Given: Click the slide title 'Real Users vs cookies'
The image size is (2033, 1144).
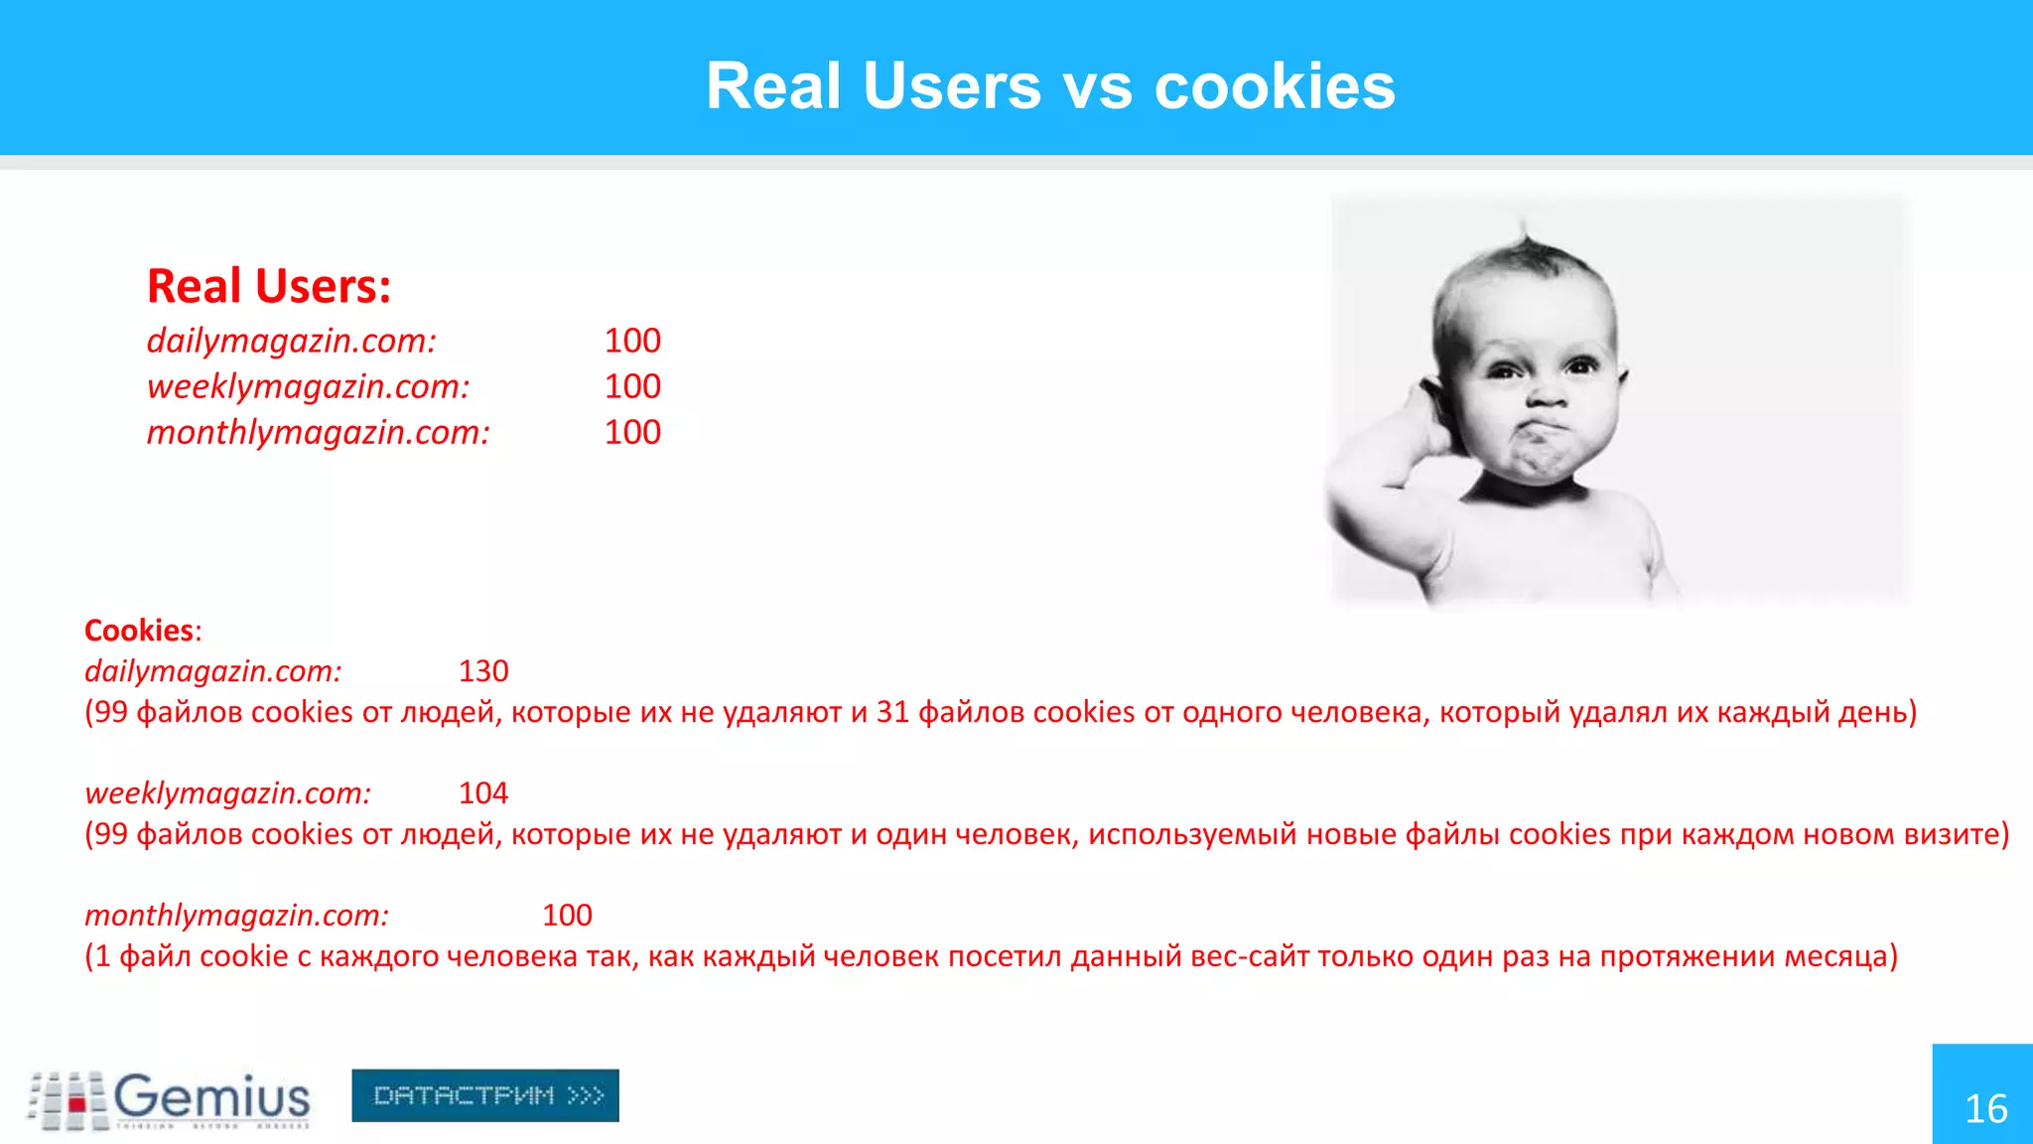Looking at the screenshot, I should [x=1050, y=85].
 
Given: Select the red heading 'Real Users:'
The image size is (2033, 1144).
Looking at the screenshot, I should [x=269, y=286].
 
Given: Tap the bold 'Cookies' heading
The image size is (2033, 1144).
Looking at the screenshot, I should [x=139, y=630].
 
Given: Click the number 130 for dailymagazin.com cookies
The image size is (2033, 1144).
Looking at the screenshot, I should [x=483, y=671].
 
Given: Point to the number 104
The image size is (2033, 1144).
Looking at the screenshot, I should [x=483, y=793].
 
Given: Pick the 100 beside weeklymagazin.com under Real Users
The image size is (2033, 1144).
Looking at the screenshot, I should [x=632, y=386].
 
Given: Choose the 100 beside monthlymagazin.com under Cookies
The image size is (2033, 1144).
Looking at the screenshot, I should [x=567, y=916].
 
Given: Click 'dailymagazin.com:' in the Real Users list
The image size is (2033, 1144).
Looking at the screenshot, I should [x=292, y=341].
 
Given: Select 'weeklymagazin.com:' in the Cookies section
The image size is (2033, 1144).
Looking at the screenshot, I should [x=227, y=793].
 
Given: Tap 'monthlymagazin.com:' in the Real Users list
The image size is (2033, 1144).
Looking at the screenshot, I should [x=318, y=432].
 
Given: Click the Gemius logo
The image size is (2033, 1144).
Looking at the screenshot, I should [x=170, y=1099].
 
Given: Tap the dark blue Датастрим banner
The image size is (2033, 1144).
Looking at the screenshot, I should [x=485, y=1095].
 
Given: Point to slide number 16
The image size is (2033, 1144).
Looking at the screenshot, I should [x=1985, y=1108].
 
